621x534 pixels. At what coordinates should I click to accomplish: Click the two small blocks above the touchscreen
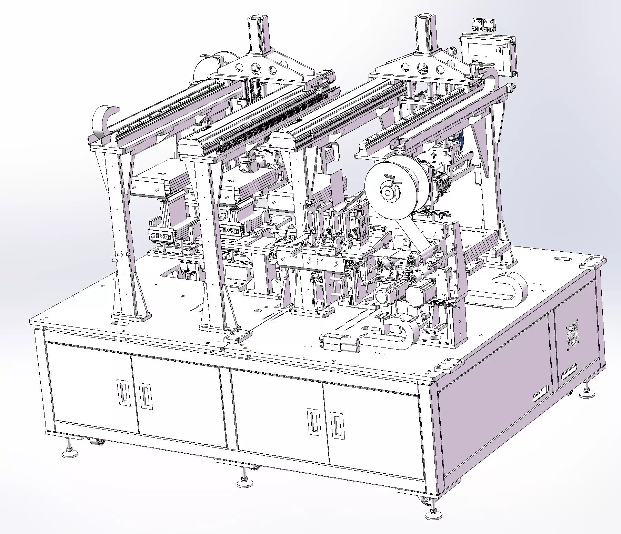(x=483, y=25)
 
